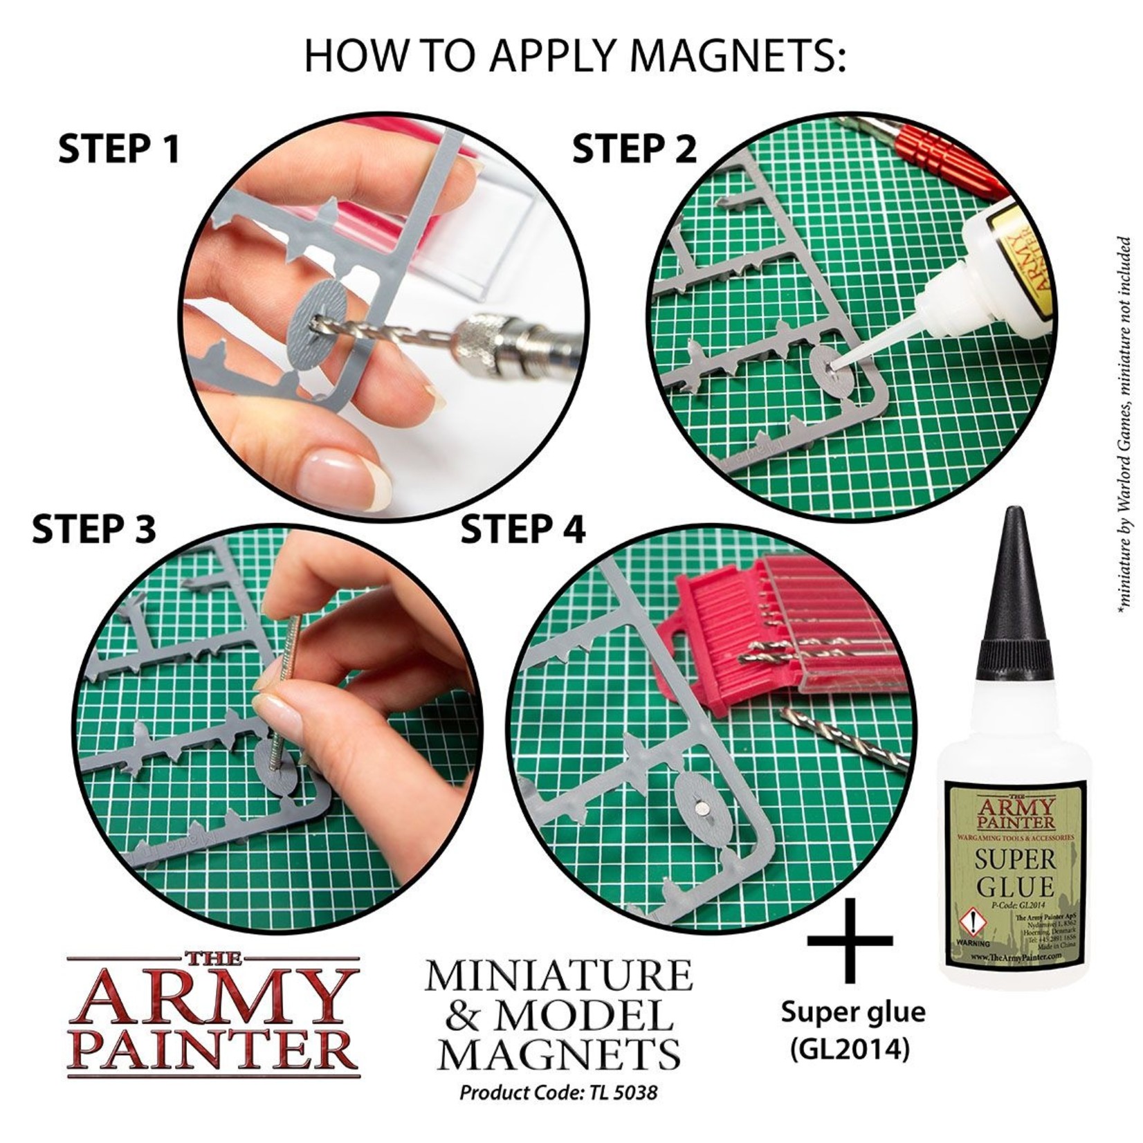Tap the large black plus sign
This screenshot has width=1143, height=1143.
(850, 940)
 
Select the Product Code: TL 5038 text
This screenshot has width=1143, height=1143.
(558, 1093)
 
